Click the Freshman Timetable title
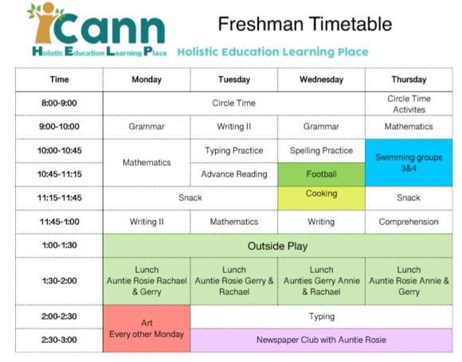click(x=305, y=23)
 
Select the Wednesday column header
click(x=321, y=80)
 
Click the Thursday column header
click(x=409, y=80)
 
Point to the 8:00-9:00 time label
click(x=59, y=103)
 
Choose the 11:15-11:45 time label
click(x=59, y=198)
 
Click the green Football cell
click(x=321, y=174)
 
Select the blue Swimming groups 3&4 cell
click(x=409, y=162)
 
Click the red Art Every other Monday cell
click(x=147, y=328)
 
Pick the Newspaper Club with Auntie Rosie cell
click(x=321, y=340)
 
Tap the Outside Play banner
click(x=277, y=246)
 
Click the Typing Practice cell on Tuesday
click(x=233, y=151)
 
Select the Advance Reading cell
click(x=233, y=174)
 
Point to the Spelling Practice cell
click(x=321, y=151)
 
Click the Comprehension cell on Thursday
click(x=409, y=222)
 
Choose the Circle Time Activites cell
click(x=409, y=104)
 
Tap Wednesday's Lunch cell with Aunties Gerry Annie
click(x=321, y=281)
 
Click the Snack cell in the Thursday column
click(x=409, y=198)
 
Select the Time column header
click(x=59, y=80)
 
